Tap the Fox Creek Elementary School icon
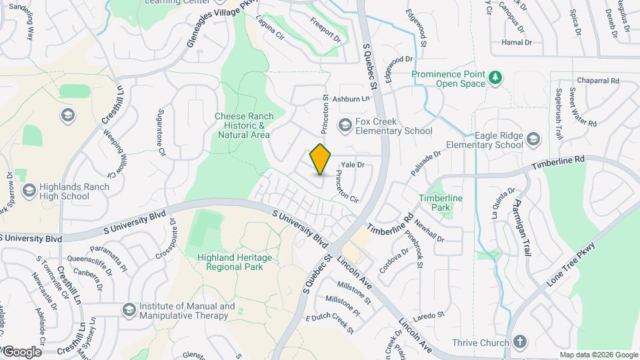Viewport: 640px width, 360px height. click(x=345, y=125)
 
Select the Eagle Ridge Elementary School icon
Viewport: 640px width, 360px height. click(x=532, y=139)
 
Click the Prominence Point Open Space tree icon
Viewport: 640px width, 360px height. click(x=495, y=78)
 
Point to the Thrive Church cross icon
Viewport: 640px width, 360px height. click(x=519, y=343)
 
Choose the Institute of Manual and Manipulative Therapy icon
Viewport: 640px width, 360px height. click(x=128, y=310)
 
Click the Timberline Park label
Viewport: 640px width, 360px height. click(x=441, y=203)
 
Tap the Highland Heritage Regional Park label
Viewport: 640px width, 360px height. click(x=230, y=262)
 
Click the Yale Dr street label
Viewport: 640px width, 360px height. click(x=353, y=165)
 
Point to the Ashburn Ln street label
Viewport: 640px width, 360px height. click(x=351, y=99)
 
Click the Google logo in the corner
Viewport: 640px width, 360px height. click(x=21, y=351)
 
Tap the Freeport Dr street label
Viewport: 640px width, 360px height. click(x=325, y=29)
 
